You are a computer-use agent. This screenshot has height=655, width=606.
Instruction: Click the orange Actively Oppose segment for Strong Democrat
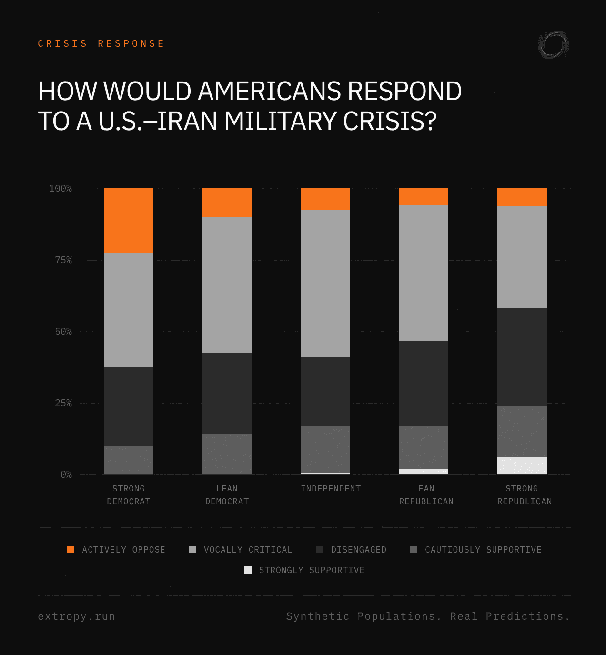click(x=129, y=221)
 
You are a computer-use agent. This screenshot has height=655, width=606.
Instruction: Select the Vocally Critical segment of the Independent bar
click(x=325, y=284)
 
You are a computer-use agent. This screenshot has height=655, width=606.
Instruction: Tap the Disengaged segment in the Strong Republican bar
click(x=522, y=357)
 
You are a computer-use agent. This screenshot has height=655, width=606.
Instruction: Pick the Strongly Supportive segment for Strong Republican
click(x=522, y=465)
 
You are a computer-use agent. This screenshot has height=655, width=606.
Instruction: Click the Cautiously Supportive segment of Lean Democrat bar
click(x=227, y=454)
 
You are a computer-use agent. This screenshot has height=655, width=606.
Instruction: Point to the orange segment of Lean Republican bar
click(x=424, y=196)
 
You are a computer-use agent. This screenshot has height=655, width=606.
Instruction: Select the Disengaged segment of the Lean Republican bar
click(x=424, y=383)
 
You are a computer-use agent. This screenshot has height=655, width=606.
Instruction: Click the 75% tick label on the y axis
click(x=63, y=260)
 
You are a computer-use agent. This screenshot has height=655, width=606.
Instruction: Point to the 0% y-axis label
click(x=66, y=475)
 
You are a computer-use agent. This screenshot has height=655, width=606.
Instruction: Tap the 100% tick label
click(x=61, y=189)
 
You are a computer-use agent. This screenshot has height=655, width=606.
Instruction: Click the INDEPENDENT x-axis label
click(x=331, y=489)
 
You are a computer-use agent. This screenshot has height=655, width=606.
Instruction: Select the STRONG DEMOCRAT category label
click(x=129, y=495)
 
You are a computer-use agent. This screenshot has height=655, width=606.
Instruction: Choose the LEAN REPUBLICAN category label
click(x=426, y=495)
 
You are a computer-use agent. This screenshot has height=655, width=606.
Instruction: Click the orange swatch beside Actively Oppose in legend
click(x=71, y=550)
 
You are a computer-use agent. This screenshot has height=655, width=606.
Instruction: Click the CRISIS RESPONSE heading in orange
click(x=101, y=44)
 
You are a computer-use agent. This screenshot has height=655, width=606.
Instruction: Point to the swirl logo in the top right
click(x=553, y=45)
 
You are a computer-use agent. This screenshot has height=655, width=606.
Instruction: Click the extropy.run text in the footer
click(x=76, y=616)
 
